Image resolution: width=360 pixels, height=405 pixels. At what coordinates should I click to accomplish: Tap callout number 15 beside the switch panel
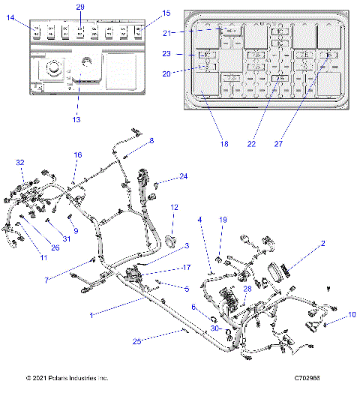coord(166,13)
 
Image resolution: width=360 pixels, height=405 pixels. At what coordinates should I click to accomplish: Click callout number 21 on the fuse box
coord(169,33)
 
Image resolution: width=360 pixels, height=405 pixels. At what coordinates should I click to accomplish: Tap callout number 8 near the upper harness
coord(151,140)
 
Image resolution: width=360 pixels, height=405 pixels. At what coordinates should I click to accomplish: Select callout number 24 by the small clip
coord(183,177)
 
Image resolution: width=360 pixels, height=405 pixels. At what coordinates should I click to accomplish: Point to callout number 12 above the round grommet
coord(174,207)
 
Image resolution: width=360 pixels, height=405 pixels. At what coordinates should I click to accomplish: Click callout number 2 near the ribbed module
coord(322,244)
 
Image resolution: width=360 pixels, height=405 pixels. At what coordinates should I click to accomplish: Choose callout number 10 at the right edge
coord(352,316)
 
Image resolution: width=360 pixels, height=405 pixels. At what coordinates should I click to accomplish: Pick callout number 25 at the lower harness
coord(136,341)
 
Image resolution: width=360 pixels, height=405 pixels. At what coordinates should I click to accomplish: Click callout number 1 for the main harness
coord(91,316)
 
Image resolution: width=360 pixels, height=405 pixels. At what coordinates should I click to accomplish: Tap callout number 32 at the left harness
coord(20,163)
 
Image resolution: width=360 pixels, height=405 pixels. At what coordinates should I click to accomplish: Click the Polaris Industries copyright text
coord(67,379)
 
